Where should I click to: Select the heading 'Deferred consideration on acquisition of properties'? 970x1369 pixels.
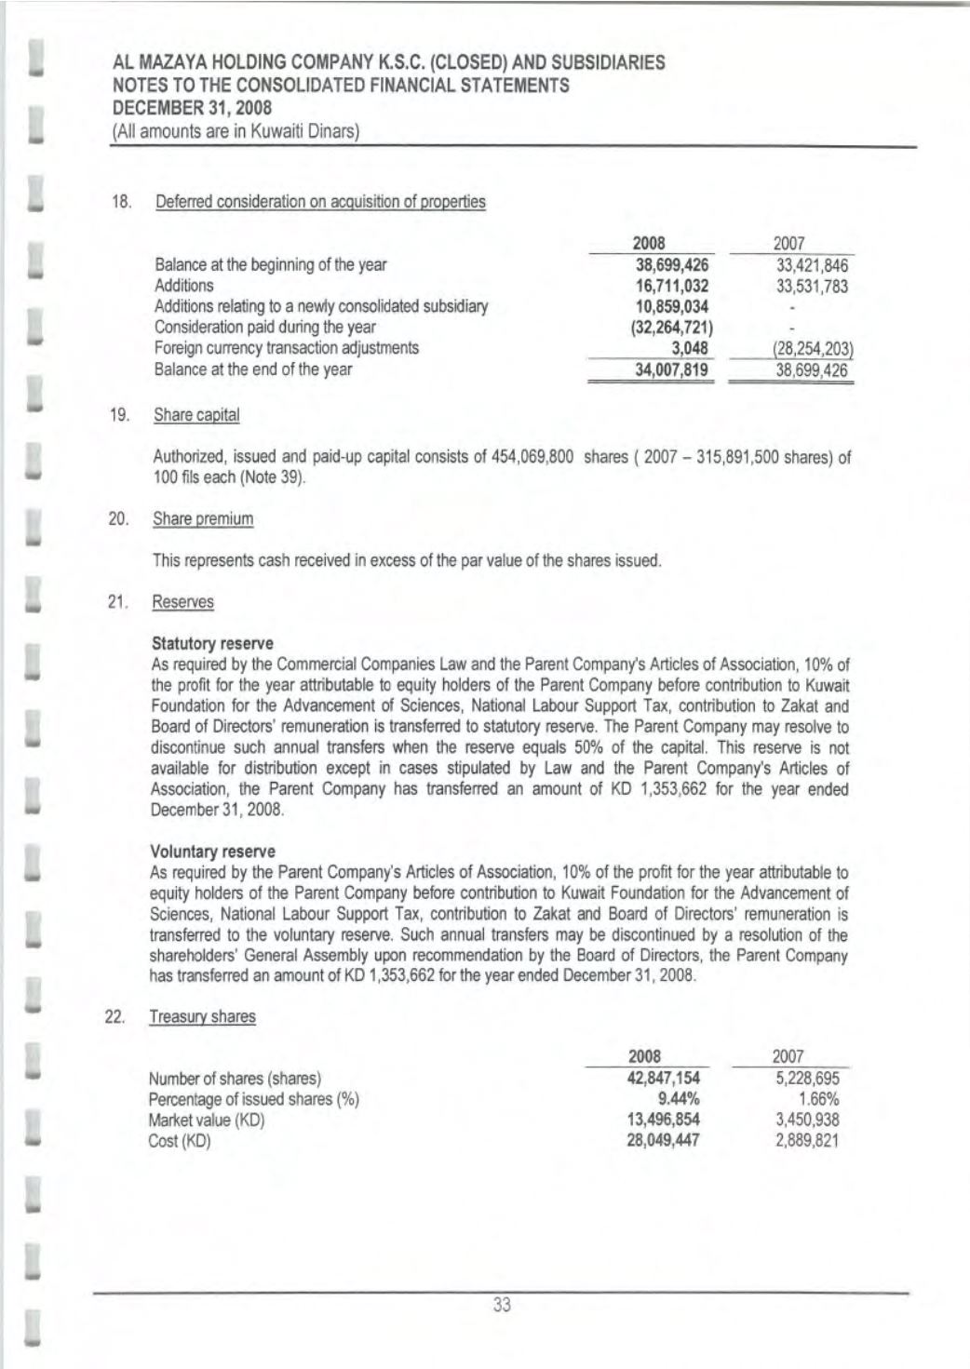pos(320,202)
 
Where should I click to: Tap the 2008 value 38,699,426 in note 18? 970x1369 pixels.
pos(672,264)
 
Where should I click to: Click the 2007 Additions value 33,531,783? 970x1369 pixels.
pos(812,286)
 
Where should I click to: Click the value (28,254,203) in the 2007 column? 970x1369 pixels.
pos(812,349)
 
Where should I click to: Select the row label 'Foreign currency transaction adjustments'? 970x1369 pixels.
pos(287,348)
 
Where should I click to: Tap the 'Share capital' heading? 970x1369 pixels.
pos(196,415)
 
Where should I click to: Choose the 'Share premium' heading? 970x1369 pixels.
pos(203,518)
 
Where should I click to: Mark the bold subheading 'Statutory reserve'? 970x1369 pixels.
pos(212,643)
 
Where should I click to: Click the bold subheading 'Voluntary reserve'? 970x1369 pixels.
pos(213,852)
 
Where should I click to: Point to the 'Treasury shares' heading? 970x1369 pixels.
pos(202,1016)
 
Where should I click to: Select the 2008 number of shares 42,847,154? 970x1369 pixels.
pos(664,1079)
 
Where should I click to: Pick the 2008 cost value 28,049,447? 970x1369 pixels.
pos(664,1140)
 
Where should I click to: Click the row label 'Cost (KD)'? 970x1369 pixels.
pos(180,1141)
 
